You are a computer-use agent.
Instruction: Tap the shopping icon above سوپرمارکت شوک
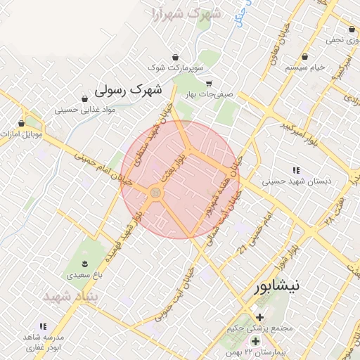pos(174,56)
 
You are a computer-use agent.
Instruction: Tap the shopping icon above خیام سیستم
pos(305,56)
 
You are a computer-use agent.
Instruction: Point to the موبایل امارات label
pos(22,133)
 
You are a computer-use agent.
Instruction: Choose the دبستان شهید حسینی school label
pos(296,181)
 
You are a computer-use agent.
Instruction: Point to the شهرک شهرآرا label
pos(186,13)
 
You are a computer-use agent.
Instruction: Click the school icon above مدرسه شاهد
pos(43,326)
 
